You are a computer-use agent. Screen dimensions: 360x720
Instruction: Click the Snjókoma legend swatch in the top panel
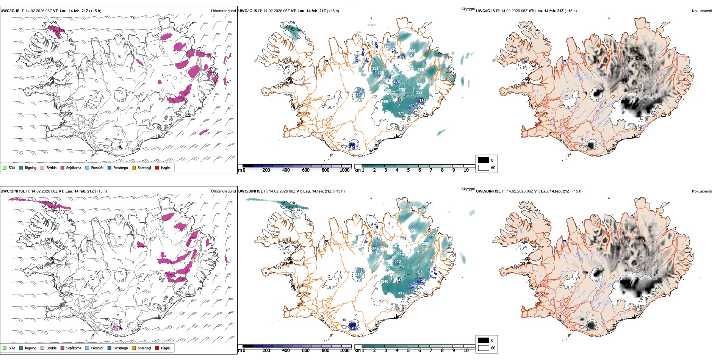tap(63, 167)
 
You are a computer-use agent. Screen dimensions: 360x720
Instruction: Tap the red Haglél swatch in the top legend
tap(157, 167)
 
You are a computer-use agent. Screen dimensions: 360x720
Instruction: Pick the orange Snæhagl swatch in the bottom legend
tap(134, 348)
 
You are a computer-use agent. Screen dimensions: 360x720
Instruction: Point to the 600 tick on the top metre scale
tap(306, 170)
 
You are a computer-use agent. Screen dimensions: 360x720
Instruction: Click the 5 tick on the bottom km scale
tap(409, 351)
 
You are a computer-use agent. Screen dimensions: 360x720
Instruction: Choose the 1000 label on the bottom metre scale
tap(344, 351)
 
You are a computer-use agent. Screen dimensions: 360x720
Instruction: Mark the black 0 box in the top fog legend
tap(484, 160)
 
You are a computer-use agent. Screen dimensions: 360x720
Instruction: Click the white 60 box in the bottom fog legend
tap(484, 348)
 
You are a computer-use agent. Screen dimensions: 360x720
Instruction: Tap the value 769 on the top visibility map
tap(421, 70)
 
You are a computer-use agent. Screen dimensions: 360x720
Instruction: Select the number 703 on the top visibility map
tap(402, 90)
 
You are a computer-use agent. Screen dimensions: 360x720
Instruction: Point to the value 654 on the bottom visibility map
tap(412, 230)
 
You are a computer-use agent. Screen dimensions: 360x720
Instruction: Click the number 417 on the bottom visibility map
tap(401, 293)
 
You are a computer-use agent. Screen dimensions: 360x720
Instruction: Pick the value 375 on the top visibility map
tap(401, 113)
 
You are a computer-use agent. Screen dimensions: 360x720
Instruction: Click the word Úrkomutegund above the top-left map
tap(223, 11)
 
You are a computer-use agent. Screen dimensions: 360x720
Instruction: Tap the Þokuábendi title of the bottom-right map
tap(702, 191)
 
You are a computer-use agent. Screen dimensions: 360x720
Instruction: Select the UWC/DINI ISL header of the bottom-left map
tap(13, 191)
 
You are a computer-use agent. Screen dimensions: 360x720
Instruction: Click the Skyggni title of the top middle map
tap(468, 9)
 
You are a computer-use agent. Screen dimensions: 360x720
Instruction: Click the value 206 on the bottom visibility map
tap(425, 244)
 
